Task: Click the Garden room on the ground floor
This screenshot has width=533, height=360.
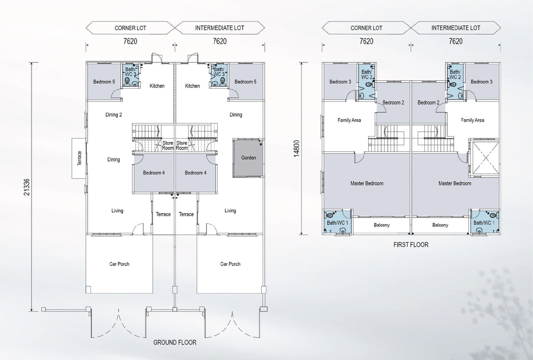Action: (248, 158)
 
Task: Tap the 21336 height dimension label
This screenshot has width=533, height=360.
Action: (27, 187)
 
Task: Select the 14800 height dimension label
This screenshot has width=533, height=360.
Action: (297, 149)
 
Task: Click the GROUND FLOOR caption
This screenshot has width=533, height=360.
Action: (175, 343)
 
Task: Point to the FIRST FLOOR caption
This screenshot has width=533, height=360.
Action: (411, 244)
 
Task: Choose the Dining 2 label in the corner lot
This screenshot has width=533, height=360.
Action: (113, 115)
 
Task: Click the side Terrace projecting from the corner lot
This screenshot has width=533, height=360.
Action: (78, 158)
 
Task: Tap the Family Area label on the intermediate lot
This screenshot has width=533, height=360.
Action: (472, 120)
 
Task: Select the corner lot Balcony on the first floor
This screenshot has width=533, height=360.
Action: (381, 225)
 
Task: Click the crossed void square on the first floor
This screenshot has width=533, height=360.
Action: (484, 158)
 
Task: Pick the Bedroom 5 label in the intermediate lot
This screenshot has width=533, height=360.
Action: (246, 81)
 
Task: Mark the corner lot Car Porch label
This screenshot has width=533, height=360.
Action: (119, 264)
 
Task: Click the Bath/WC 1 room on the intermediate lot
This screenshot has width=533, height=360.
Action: (485, 221)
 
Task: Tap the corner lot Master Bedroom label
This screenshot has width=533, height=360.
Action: (367, 183)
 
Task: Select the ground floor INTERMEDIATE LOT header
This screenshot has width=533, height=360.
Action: (219, 28)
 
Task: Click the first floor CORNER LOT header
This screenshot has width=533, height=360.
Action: (366, 28)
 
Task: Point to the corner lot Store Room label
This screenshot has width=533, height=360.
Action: (168, 145)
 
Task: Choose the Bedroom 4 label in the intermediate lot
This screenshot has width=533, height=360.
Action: (195, 172)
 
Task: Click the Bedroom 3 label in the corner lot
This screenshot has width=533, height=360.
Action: (340, 81)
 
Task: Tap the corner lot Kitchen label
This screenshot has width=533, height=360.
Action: (157, 86)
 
